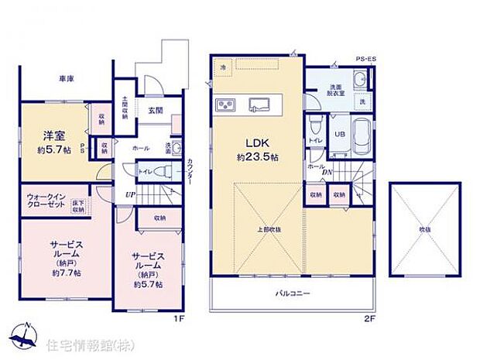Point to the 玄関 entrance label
[x=156, y=111]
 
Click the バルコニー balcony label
[x=291, y=295]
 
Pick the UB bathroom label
[x=338, y=133]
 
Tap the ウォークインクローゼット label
[x=46, y=201]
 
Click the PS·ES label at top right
[x=365, y=58]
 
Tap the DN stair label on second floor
[x=329, y=173]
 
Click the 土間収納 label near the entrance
[x=125, y=109]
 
